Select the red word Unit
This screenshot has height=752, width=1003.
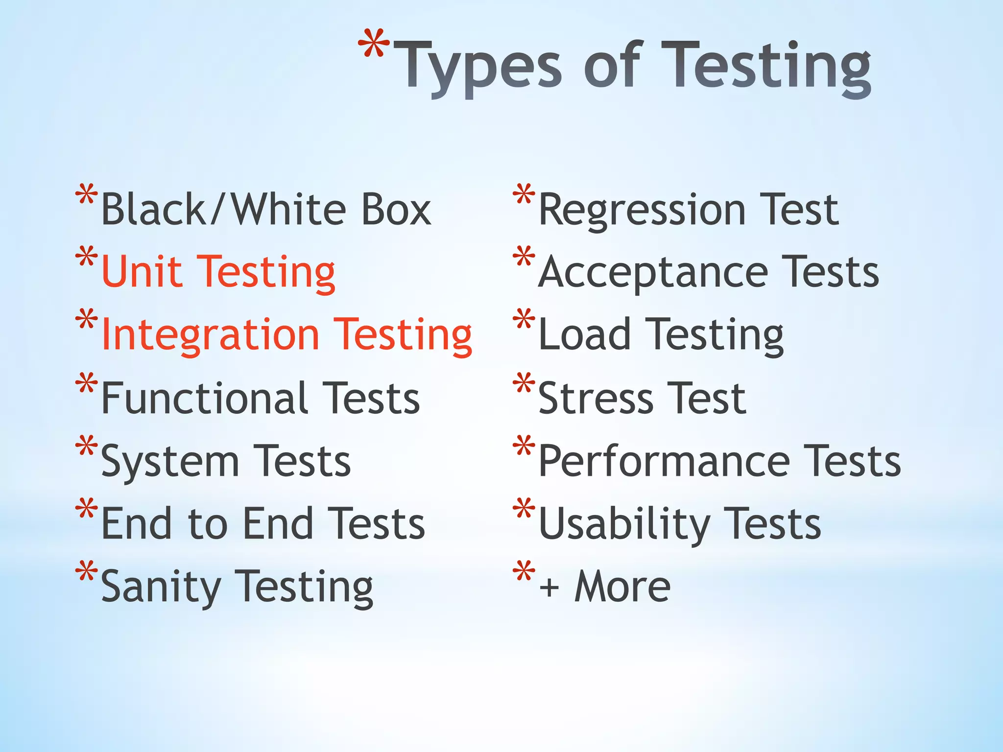142,271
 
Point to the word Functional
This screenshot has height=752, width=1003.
205,398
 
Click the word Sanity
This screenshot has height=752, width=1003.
161,587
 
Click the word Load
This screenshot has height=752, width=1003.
584,334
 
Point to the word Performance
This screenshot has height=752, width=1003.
664,461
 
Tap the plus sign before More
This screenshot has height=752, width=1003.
549,587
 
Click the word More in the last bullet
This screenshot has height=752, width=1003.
622,586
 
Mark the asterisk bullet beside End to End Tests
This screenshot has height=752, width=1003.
87,509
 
